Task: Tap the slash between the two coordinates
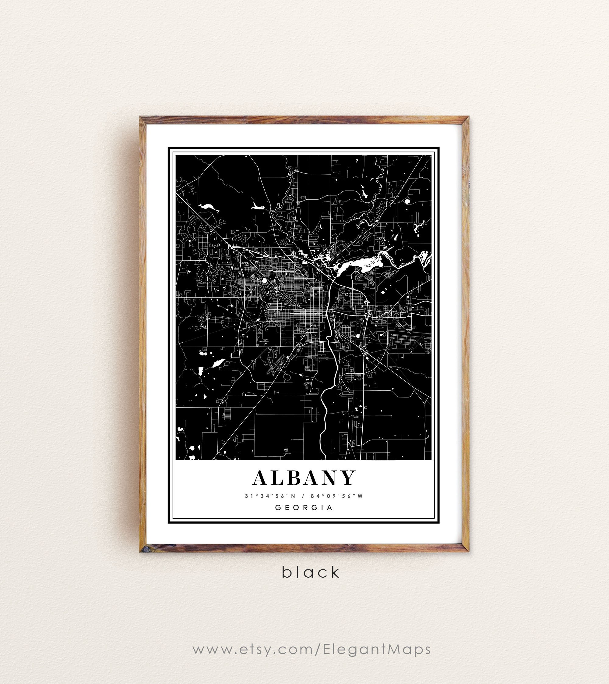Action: pos(303,496)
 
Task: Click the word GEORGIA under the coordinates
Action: pos(304,508)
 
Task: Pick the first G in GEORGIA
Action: pos(278,508)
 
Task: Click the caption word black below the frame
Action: pos(311,572)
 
